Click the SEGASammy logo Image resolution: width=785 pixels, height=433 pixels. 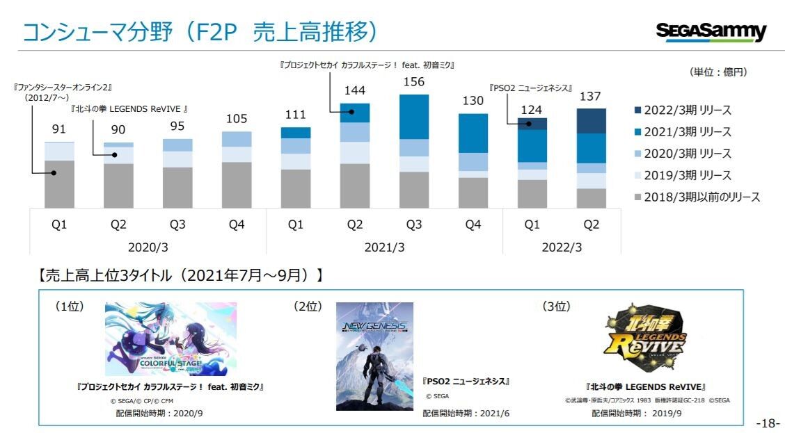[x=711, y=32]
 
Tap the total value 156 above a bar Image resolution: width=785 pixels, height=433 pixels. [x=414, y=82]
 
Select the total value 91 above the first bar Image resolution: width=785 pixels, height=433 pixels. [x=59, y=129]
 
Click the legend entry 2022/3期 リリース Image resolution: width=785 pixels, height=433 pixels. [x=682, y=111]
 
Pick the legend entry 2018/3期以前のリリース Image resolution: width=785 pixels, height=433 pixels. [x=697, y=197]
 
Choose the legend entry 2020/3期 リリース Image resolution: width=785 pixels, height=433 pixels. [x=682, y=154]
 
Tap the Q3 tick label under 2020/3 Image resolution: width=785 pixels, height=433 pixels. [x=177, y=224]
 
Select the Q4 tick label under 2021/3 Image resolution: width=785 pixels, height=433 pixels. [x=473, y=224]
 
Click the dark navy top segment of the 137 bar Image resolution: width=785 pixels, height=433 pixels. [x=591, y=121]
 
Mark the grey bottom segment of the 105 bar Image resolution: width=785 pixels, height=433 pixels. [x=237, y=185]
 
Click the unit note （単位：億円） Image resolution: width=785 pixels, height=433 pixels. [x=718, y=72]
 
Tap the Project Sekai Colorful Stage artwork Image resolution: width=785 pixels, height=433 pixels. [x=171, y=339]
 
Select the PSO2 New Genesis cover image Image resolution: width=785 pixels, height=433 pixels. [x=374, y=356]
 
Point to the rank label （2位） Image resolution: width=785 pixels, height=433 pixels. [x=308, y=307]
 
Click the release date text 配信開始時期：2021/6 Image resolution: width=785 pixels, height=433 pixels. [x=466, y=414]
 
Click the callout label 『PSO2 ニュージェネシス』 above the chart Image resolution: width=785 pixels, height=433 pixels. [x=531, y=88]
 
